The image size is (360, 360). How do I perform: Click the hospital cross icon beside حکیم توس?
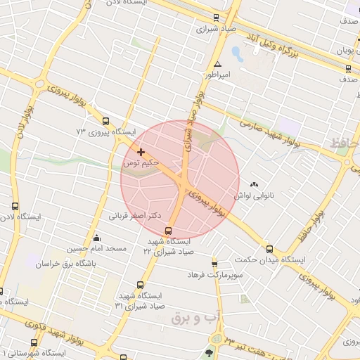pyautogui.click(x=141, y=151)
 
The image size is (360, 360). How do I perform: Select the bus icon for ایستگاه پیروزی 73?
pyautogui.click(x=105, y=120)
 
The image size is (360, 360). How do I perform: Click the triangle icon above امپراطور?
pyautogui.click(x=218, y=63)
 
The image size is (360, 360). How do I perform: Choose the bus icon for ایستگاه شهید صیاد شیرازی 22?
pyautogui.click(x=169, y=231)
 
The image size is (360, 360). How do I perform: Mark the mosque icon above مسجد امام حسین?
pyautogui.click(x=96, y=238)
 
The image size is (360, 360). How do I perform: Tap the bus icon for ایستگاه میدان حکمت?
pyautogui.click(x=269, y=249)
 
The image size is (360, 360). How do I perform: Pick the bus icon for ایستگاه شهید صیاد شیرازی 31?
pyautogui.click(x=140, y=285)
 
